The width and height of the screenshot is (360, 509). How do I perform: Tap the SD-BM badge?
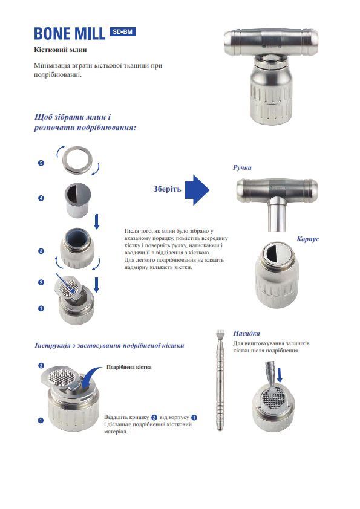point(123,32)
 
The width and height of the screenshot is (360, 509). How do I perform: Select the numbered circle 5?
point(41,163)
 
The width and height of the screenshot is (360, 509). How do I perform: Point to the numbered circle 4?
point(41,199)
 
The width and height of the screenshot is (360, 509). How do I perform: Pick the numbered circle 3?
point(41,250)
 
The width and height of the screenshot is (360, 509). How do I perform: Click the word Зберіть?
point(167,189)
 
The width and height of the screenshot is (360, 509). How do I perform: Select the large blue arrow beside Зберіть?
point(197,189)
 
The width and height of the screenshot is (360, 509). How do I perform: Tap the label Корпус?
point(307,239)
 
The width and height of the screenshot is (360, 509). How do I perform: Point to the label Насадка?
point(246,333)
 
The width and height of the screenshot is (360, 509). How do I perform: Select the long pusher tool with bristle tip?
point(221,381)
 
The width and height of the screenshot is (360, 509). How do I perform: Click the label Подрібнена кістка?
point(129,367)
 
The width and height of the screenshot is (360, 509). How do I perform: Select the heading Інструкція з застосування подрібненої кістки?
point(110,345)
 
